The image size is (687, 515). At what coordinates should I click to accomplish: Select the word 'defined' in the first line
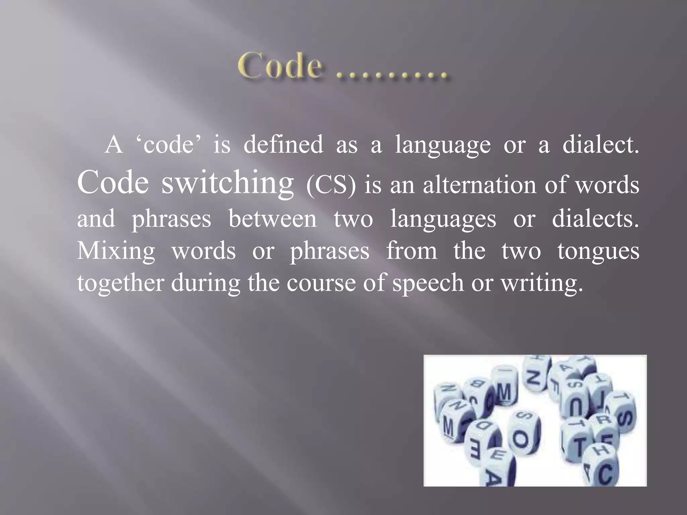point(283,145)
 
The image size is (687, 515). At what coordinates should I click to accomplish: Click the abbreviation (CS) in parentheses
point(330,186)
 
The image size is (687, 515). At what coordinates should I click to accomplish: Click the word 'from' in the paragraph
point(412,250)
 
